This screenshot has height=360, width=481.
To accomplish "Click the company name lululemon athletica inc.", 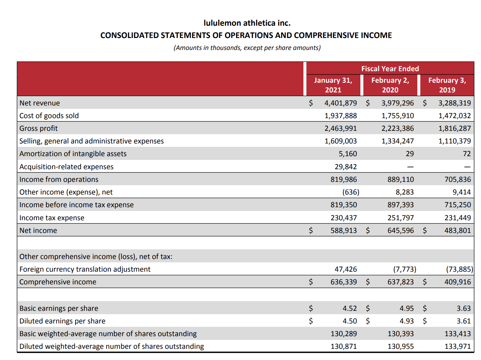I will pos(247,23).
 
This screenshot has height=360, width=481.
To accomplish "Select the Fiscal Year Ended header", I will pos(390,69).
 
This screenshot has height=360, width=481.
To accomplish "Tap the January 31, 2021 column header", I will pos(333,85).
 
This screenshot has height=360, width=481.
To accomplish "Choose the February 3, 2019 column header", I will pos(447,85).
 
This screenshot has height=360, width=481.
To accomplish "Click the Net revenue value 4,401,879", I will pos(340,103).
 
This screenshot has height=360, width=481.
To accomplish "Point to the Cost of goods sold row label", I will pos(49,116).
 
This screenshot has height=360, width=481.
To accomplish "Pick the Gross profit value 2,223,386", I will pos(397,128).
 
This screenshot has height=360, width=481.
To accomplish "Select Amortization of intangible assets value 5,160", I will pos(347,154).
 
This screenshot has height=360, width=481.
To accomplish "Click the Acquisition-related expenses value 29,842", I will pos(345,167).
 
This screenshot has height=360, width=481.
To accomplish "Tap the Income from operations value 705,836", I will pos(457,179).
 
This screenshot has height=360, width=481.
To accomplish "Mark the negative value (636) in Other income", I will pos(351,192).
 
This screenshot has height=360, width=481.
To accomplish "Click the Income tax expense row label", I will pos(52,218).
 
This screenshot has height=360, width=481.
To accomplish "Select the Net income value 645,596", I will pos(400,230).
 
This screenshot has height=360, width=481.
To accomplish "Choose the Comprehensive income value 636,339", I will pos(343,282).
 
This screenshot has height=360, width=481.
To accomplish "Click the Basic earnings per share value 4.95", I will pos(407,308).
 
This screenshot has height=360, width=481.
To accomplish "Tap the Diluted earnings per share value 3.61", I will pos(464,321).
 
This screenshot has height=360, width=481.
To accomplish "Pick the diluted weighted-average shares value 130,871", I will pos(343,346).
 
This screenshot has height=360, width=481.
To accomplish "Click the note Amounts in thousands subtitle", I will pos(247,48).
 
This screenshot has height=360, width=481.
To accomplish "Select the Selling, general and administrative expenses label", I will pos(92,141).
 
